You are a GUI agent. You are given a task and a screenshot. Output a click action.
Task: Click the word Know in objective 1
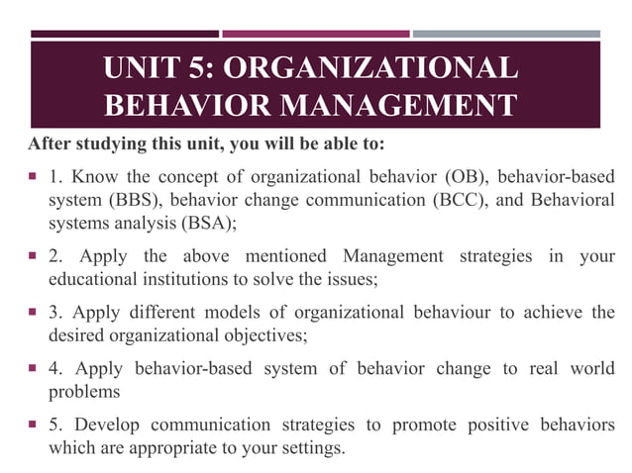click(94, 178)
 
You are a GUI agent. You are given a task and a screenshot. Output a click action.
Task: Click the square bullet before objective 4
click(34, 369)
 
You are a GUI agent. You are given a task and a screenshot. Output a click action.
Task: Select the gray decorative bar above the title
click(506, 34)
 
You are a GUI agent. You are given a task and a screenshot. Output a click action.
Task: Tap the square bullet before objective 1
click(34, 178)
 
